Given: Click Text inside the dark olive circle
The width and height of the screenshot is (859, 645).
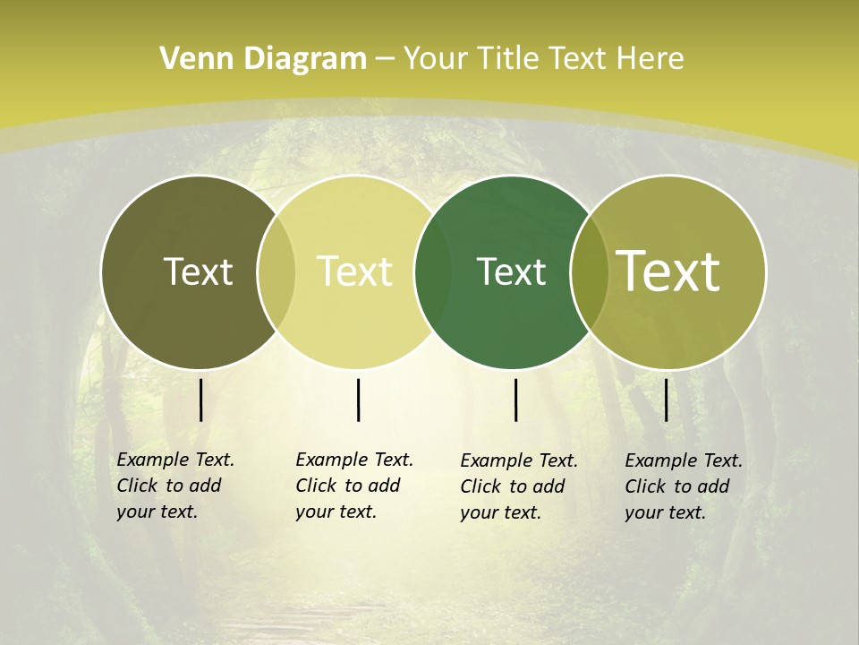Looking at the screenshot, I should point(199,271).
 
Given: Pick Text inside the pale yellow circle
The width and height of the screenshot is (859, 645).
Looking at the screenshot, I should point(355,271).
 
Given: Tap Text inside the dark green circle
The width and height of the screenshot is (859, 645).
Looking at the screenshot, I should point(511,271).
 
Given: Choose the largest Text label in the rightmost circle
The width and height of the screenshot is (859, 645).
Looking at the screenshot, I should point(668,271).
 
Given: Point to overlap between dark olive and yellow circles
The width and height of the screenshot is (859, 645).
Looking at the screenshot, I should point(276,271).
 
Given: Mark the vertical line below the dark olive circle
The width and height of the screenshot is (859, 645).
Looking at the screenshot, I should point(200,400).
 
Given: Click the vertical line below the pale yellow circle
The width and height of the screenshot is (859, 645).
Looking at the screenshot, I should point(358,400).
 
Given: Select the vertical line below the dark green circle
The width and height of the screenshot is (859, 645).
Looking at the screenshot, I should point(516,400).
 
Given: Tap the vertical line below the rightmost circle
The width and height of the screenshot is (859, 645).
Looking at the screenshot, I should point(667,400).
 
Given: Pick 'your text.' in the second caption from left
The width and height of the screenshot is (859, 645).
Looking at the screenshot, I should point(336,512).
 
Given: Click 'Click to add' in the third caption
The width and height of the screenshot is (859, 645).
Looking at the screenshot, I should point(513,486).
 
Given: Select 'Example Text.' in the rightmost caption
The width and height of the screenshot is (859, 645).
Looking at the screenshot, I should point(684,460).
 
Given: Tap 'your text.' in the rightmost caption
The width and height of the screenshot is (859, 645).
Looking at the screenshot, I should point(666,512).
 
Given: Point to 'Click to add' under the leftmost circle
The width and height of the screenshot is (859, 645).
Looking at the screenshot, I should point(169,486).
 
